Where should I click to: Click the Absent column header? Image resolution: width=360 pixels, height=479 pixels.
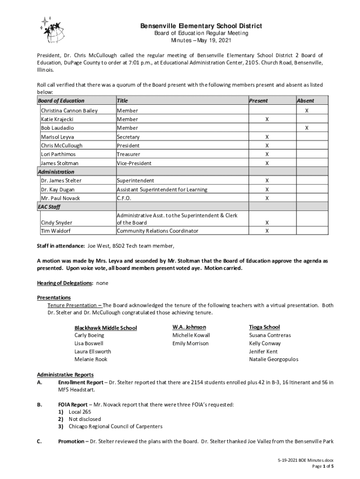point(305,101)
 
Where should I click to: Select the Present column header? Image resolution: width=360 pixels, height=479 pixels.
point(258,101)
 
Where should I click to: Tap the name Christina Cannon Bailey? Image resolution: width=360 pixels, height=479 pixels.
point(69,111)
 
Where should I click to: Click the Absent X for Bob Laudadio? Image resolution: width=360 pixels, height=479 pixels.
point(307,128)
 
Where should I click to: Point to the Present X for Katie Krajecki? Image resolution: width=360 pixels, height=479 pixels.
point(267,119)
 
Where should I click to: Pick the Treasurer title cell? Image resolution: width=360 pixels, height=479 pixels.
point(128,154)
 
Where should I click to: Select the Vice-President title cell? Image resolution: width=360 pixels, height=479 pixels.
point(134,163)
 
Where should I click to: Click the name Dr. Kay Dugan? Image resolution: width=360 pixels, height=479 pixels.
point(58,189)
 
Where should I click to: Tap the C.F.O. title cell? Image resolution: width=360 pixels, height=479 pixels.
point(124,198)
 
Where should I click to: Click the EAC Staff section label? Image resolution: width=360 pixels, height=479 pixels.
point(49,207)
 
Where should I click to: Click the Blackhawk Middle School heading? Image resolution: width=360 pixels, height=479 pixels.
point(106,328)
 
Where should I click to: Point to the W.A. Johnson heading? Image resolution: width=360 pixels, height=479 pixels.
point(189,327)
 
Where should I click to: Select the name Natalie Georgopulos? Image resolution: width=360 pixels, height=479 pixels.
point(274,359)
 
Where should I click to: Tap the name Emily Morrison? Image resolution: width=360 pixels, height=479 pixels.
point(190,343)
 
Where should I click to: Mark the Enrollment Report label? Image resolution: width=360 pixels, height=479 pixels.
point(80,383)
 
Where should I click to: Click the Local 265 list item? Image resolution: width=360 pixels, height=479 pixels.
point(79,412)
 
